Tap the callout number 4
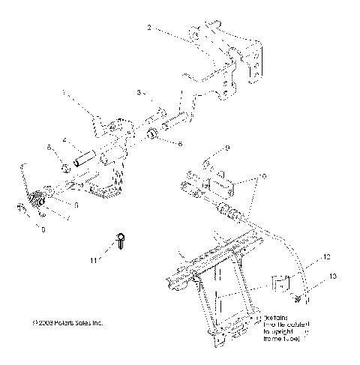[65, 140]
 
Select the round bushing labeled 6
[151, 136]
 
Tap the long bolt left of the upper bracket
[171, 118]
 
